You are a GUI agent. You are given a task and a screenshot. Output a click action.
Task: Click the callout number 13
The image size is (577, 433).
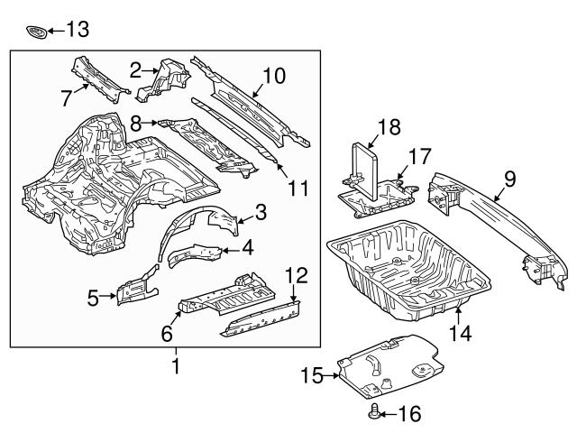click(x=78, y=31)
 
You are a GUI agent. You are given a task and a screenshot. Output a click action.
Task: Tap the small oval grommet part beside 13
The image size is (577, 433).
click(x=37, y=32)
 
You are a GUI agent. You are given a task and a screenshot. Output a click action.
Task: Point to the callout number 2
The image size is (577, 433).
click(x=136, y=69)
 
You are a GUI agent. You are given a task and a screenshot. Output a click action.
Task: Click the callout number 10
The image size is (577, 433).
click(x=272, y=77)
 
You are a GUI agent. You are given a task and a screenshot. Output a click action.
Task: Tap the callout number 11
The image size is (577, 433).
click(x=298, y=189)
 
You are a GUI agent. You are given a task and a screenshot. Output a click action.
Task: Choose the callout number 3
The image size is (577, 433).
click(x=261, y=213)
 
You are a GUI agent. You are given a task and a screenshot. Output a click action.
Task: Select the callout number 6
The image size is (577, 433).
click(x=166, y=333)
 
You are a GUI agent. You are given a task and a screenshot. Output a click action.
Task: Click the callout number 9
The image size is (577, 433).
click(x=509, y=180)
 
